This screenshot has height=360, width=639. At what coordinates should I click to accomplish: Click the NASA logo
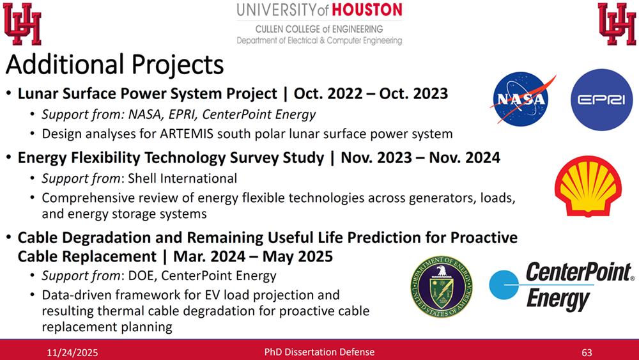coord(521,99)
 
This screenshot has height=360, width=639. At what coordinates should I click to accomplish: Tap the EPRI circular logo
coord(601,100)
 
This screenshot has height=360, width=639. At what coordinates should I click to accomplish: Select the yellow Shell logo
coord(588,186)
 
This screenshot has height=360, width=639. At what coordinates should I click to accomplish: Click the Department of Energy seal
coord(442,286)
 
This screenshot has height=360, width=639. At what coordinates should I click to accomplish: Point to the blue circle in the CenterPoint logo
coord(504,285)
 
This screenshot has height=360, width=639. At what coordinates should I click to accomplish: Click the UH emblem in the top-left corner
coord(22,24)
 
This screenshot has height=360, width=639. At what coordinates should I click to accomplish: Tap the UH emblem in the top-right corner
coord(617,24)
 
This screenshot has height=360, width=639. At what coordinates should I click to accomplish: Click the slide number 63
coord(587,352)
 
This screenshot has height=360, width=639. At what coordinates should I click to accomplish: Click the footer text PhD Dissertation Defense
coord(319,352)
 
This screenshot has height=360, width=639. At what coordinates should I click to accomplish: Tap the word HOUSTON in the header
coord(367,10)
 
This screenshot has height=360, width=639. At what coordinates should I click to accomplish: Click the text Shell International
coord(182,178)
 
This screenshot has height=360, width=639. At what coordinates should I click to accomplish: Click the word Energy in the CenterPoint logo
coord(558,299)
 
